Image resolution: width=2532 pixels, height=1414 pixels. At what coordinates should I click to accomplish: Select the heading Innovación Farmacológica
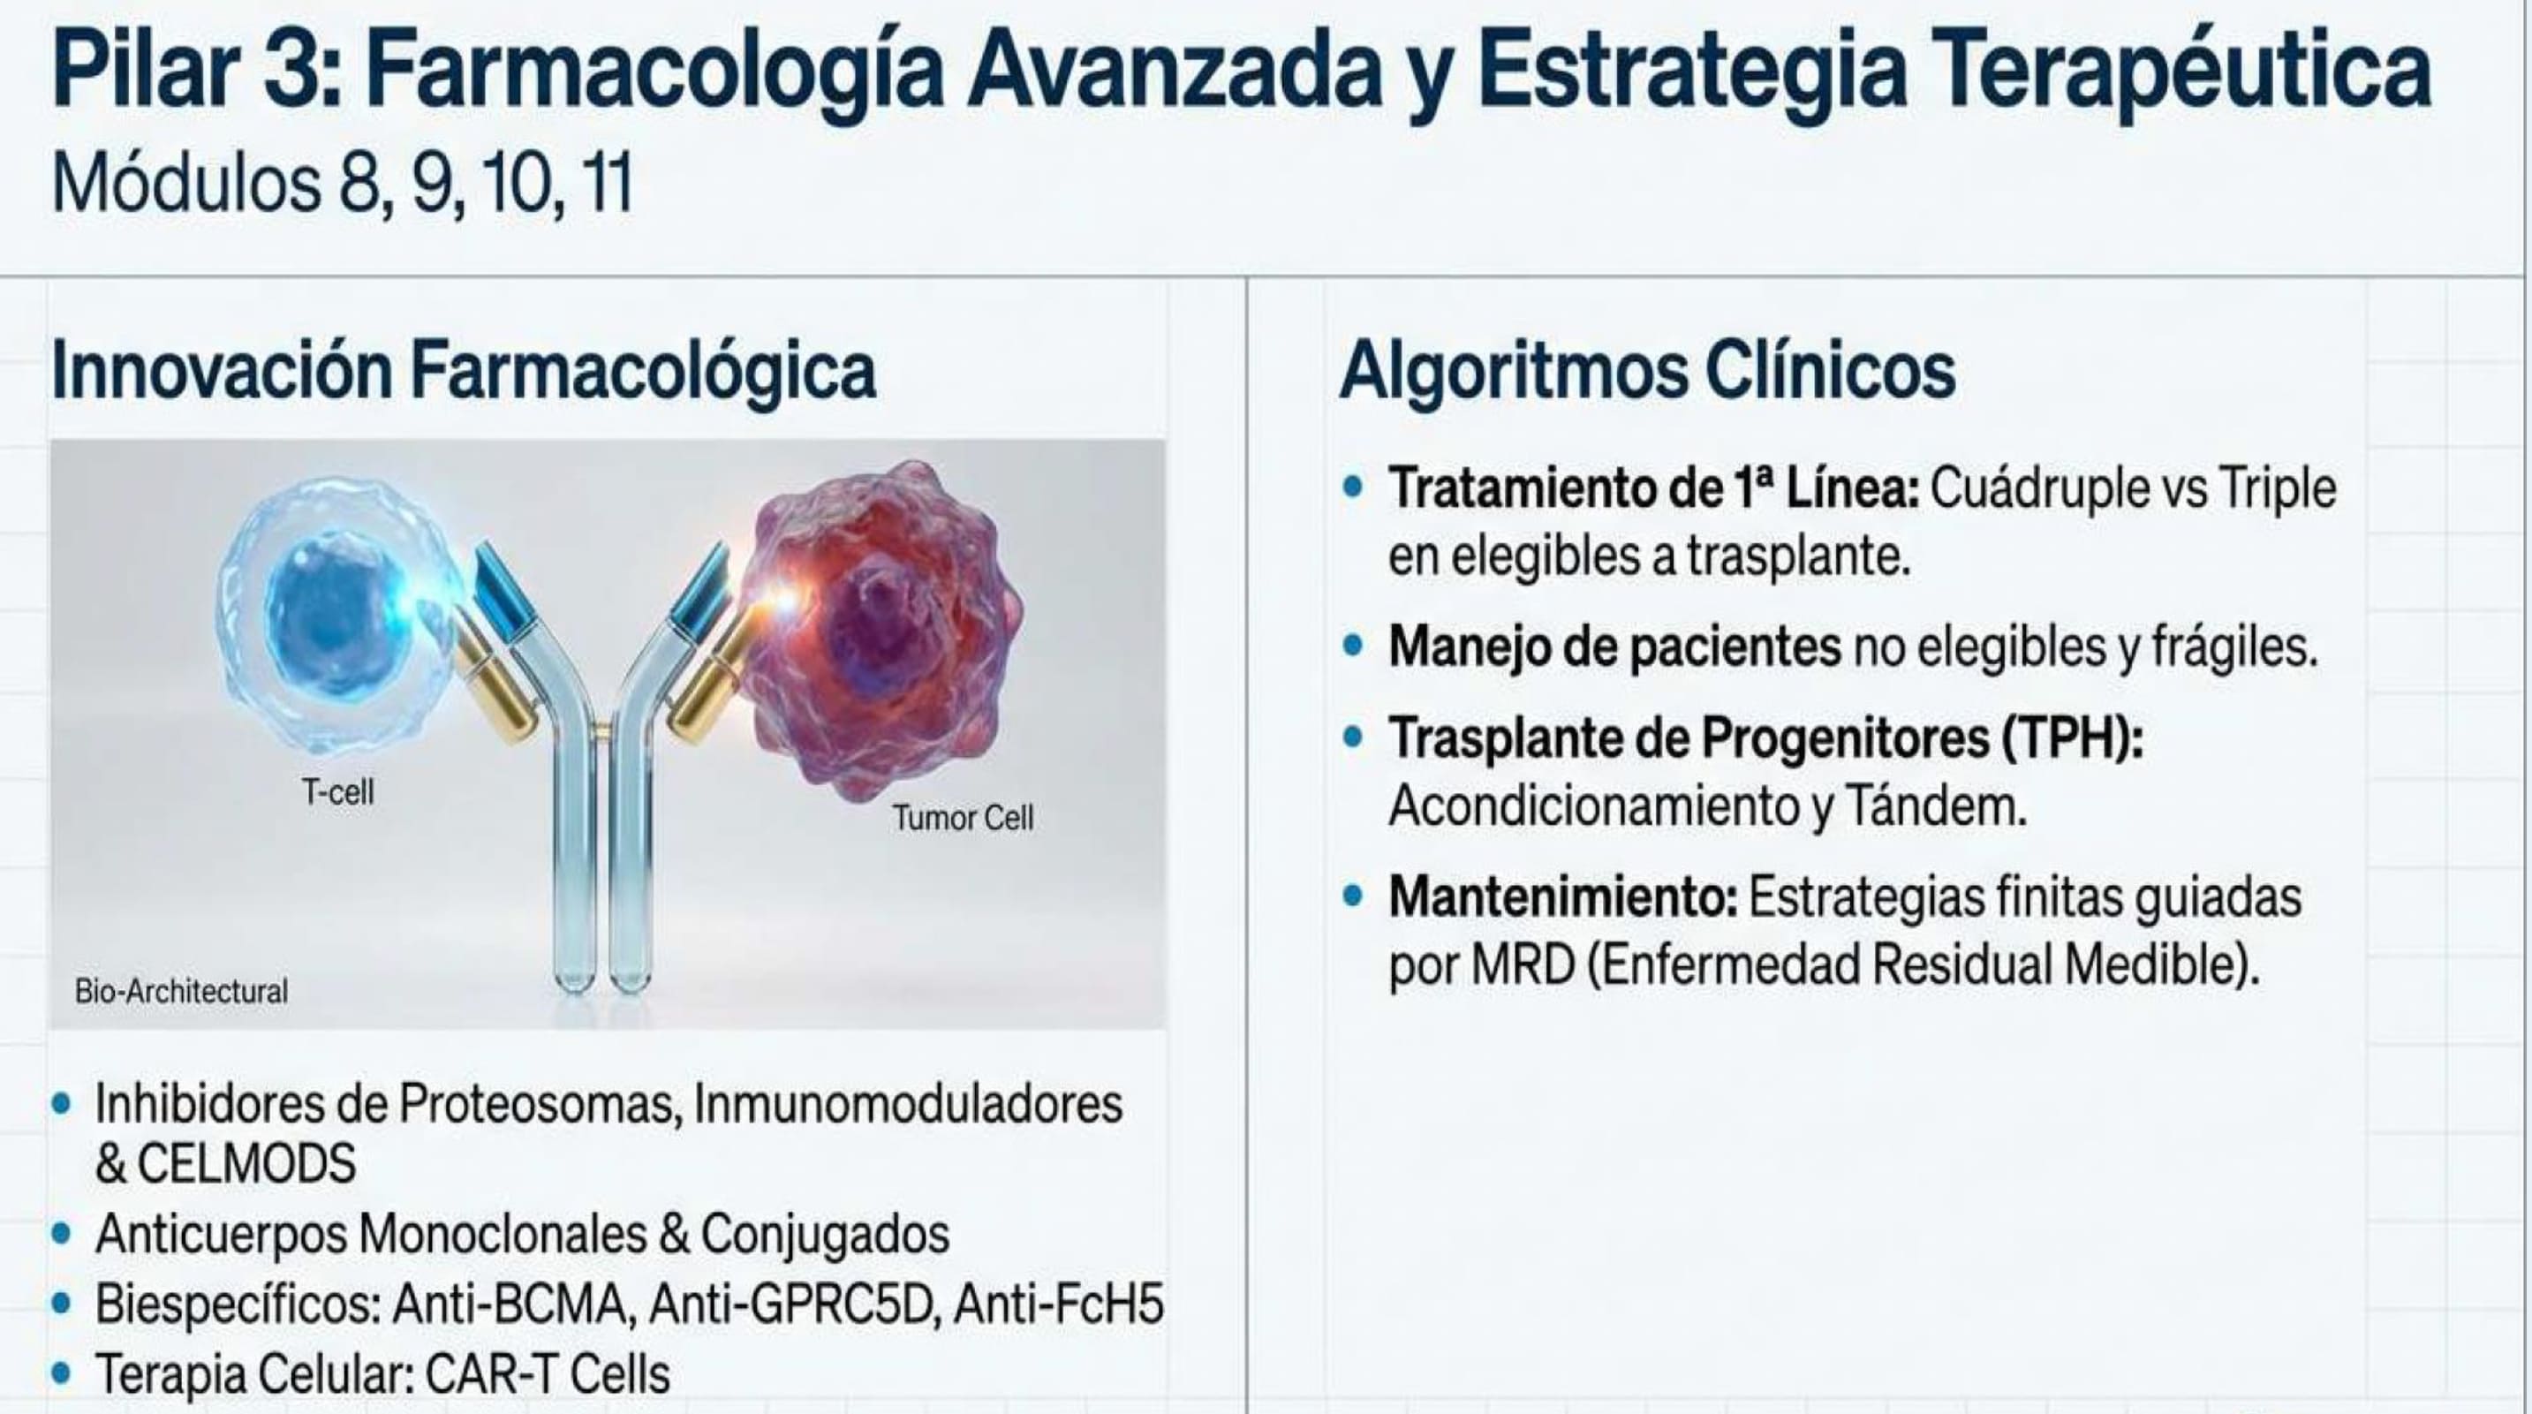(463, 371)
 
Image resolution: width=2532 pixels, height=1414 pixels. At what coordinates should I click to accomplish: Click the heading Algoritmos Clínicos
(1647, 371)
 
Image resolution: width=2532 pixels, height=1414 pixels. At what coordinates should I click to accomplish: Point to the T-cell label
(338, 791)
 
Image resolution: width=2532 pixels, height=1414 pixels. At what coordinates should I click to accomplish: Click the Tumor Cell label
(964, 818)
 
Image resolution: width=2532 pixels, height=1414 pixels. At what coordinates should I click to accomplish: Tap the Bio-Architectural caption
(182, 991)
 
